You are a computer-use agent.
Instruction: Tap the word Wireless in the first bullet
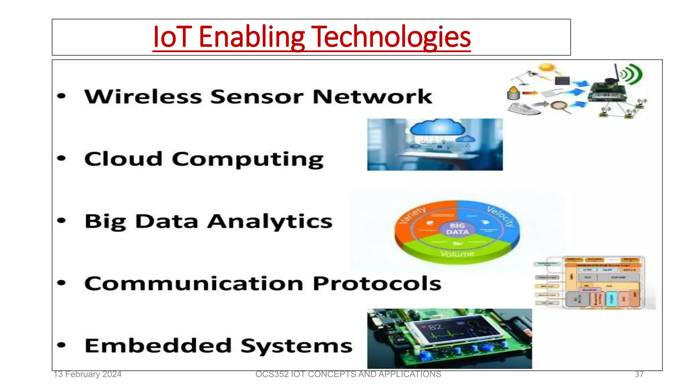143,97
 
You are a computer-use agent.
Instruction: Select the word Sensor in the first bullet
257,97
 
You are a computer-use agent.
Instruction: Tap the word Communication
194,283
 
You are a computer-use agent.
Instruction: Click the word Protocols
377,283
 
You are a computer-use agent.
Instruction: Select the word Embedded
158,346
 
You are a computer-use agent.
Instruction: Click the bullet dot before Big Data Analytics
61,220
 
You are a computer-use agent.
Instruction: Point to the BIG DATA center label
457,229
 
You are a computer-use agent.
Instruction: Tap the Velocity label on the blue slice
501,216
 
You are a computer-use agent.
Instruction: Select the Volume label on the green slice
457,254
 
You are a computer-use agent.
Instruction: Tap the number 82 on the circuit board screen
435,327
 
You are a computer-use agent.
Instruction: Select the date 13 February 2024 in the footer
87,374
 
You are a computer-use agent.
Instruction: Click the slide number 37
639,374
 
